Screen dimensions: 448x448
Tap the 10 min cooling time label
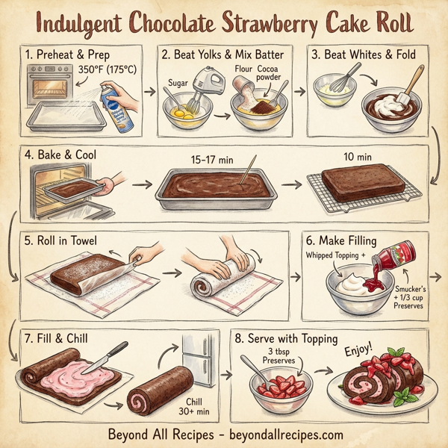[x=357, y=158]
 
